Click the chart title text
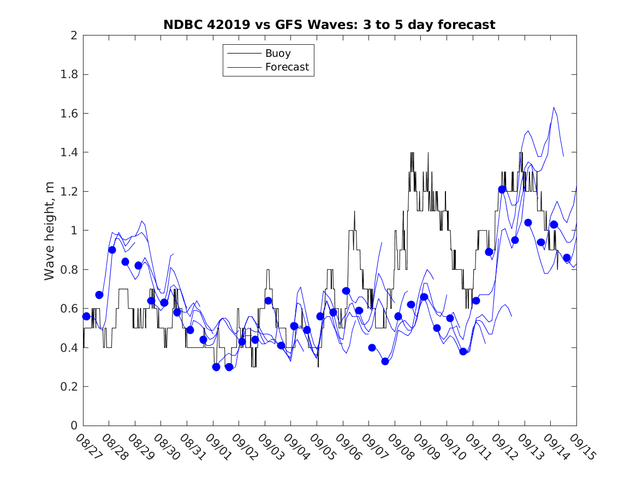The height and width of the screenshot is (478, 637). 329,25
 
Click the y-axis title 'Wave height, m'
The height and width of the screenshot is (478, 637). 50,231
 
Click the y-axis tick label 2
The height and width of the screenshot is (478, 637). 74,36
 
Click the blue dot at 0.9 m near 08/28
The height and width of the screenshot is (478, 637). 112,250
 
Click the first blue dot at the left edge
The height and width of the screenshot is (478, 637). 86,316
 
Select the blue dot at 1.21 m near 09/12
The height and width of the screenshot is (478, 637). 502,190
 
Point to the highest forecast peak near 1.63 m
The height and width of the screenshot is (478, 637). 554,108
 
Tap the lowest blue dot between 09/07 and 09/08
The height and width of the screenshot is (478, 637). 385,361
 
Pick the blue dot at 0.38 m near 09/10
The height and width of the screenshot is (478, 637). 463,351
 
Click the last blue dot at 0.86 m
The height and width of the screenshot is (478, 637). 567,258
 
